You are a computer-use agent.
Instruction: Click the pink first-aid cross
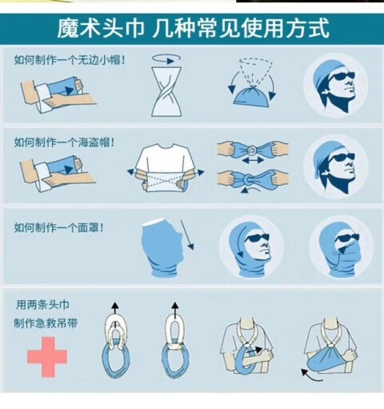[x=47, y=357]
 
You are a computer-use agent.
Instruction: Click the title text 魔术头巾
[x=101, y=28]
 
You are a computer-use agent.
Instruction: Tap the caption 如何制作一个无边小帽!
[x=70, y=60]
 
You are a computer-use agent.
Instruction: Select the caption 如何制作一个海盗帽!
[x=64, y=142]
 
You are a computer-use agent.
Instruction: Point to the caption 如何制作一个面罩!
[x=58, y=227]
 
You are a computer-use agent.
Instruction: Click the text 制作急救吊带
[x=46, y=323]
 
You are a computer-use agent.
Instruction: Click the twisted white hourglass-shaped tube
[x=166, y=91]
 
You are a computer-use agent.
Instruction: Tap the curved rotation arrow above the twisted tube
[x=166, y=62]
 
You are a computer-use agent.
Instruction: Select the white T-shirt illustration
[x=166, y=167]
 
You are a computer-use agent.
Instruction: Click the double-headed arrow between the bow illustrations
[x=253, y=161]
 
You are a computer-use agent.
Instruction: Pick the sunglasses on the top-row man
[x=341, y=77]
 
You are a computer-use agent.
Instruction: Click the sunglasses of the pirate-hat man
[x=341, y=158]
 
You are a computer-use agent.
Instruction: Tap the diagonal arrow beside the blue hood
[x=187, y=235]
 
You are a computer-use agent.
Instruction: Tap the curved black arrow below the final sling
[x=310, y=376]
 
